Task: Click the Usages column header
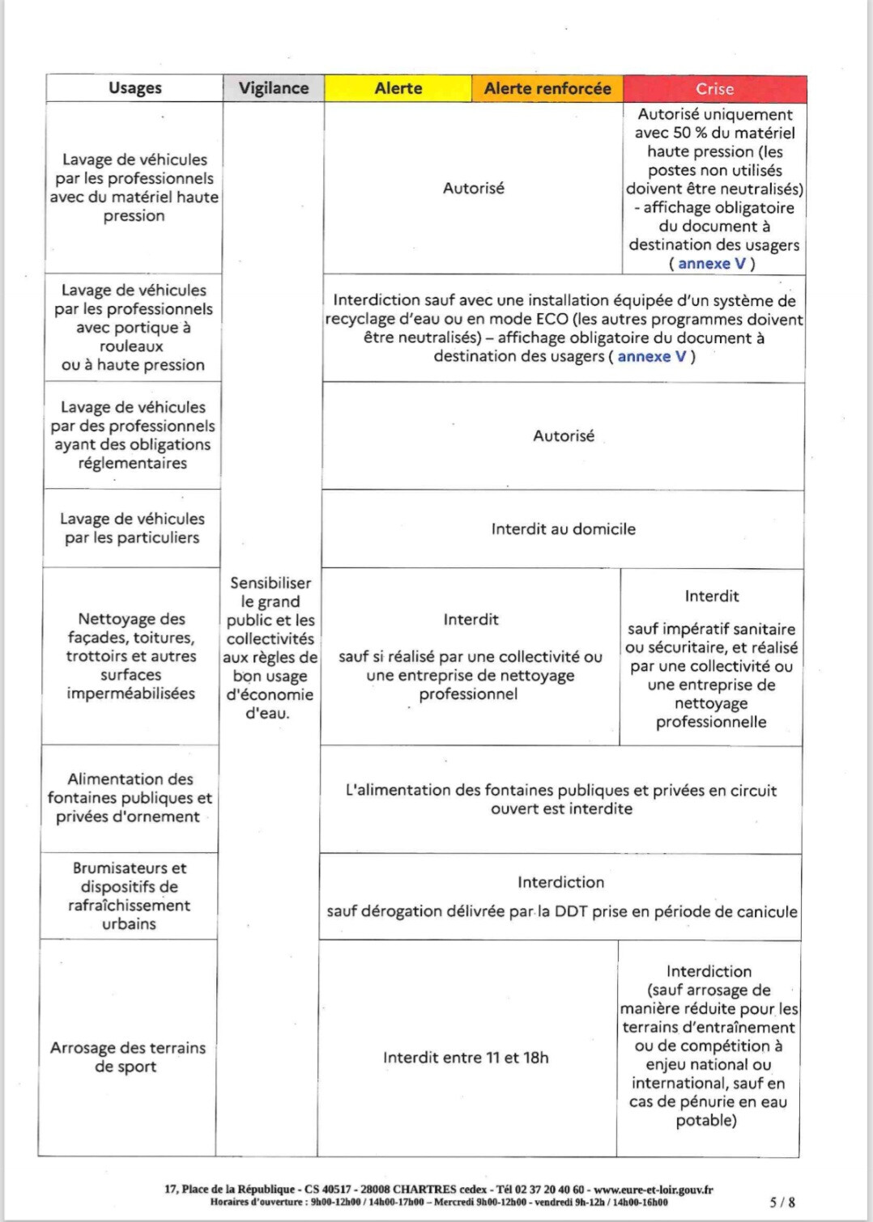click(134, 87)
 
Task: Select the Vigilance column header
click(273, 87)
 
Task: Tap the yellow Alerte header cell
click(398, 88)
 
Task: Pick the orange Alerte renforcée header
click(547, 88)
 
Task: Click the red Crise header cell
click(714, 88)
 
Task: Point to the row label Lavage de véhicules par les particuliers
click(132, 528)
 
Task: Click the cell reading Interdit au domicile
click(563, 528)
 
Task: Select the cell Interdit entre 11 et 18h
click(466, 1057)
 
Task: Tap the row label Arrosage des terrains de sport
click(127, 1056)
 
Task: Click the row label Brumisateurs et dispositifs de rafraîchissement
click(129, 895)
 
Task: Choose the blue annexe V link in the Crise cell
click(712, 264)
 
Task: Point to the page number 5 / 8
click(781, 1203)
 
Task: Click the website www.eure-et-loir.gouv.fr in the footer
click(654, 1190)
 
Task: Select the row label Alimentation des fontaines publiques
click(130, 797)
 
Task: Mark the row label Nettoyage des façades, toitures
click(131, 656)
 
